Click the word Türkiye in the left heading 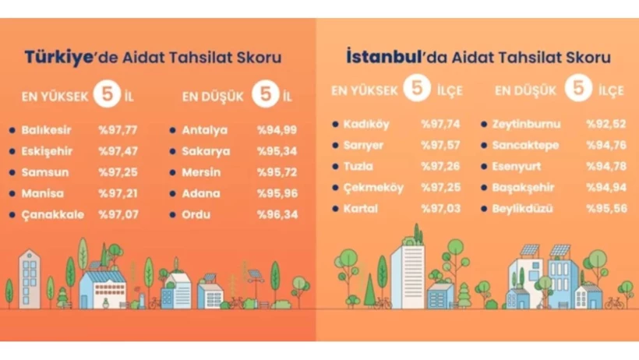tap(58, 57)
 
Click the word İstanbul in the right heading tap(383, 56)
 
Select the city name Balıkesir tap(46, 130)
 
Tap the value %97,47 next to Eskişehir tap(118, 151)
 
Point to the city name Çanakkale tap(52, 215)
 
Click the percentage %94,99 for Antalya tap(277, 130)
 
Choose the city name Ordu tap(196, 214)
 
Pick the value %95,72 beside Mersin tap(277, 172)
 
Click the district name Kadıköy tap(366, 125)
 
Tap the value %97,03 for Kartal tap(440, 209)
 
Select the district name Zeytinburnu tap(526, 124)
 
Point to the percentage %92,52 tap(606, 124)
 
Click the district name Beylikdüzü tap(522, 209)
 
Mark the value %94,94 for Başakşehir tap(606, 188)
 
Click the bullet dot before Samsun tap(12, 172)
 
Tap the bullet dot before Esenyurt tap(484, 166)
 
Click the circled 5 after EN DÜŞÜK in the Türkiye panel tap(265, 94)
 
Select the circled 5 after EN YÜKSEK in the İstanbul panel tap(417, 87)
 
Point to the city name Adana tap(201, 193)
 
